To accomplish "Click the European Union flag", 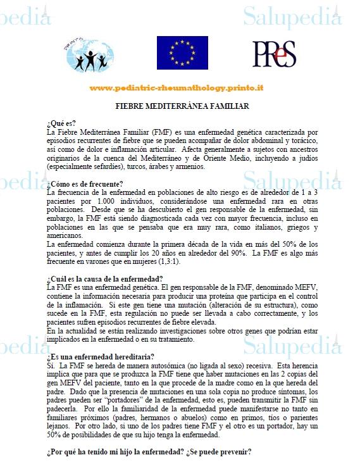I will (x=182, y=53).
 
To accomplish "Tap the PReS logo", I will (x=273, y=54).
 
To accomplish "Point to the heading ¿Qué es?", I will (x=61, y=124).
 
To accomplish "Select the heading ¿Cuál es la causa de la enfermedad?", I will (x=104, y=280).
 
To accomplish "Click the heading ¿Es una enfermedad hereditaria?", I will (x=100, y=357).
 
